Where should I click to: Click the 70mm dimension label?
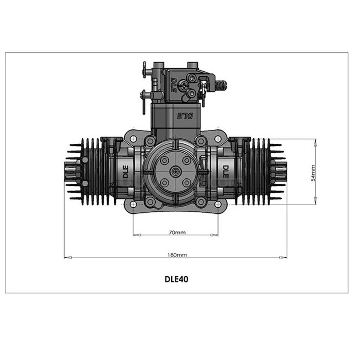(177, 232)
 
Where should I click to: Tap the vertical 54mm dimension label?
(313, 173)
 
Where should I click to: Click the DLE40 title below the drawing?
(177, 279)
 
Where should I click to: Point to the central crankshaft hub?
(175, 171)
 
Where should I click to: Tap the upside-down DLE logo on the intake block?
(179, 115)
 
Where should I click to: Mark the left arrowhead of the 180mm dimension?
(68, 257)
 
